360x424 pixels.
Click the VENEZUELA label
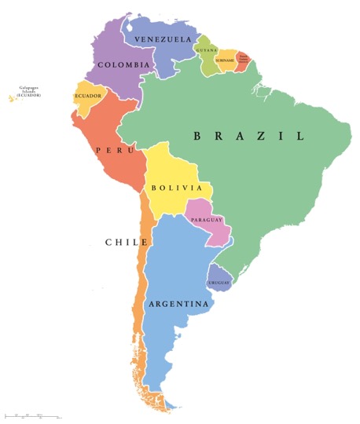click(163, 39)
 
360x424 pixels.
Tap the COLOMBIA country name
click(123, 65)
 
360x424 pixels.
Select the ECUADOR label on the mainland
click(88, 96)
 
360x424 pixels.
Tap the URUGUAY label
click(219, 282)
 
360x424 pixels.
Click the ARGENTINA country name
click(178, 304)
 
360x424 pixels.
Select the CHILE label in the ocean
click(127, 243)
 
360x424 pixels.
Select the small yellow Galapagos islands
click(12, 98)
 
